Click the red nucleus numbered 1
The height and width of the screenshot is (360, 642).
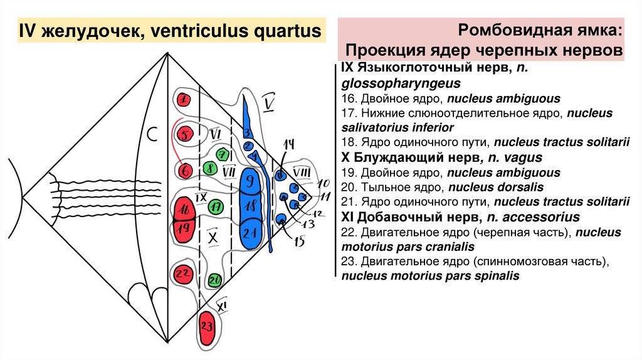tap(183, 100)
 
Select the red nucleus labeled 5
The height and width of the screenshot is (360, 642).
tap(184, 134)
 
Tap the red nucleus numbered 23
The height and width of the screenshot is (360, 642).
tap(207, 326)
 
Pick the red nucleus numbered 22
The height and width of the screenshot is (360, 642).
tap(183, 273)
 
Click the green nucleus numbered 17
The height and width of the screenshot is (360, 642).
tap(216, 206)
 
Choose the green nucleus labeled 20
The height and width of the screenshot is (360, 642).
tap(214, 280)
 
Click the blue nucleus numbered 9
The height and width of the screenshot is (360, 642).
tap(250, 182)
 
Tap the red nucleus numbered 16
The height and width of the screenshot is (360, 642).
tap(184, 208)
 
